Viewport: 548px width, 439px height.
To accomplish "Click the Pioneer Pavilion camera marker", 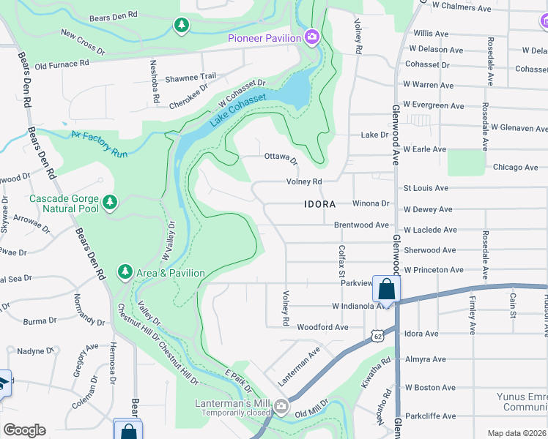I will [x=313, y=37].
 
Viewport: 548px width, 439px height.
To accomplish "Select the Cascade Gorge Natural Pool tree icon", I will [x=110, y=201].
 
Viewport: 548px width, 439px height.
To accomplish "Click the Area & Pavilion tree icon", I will [x=125, y=272].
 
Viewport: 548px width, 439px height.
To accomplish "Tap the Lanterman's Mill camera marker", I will [x=283, y=407].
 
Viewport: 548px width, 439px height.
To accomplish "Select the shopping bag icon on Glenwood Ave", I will [x=386, y=289].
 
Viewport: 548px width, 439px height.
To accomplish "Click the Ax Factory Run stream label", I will [x=99, y=143].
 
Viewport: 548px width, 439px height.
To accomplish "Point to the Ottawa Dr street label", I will [x=281, y=158].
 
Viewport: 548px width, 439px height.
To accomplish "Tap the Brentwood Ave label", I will [x=361, y=225].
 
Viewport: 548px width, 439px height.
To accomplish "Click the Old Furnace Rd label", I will [x=62, y=64].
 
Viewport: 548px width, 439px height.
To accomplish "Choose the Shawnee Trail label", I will [x=189, y=76].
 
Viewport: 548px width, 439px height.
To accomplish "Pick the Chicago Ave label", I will [x=516, y=167].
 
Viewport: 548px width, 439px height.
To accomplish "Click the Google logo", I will [x=24, y=430].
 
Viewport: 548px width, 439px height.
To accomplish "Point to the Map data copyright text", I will [x=516, y=433].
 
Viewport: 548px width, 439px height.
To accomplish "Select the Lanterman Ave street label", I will [x=300, y=367].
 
